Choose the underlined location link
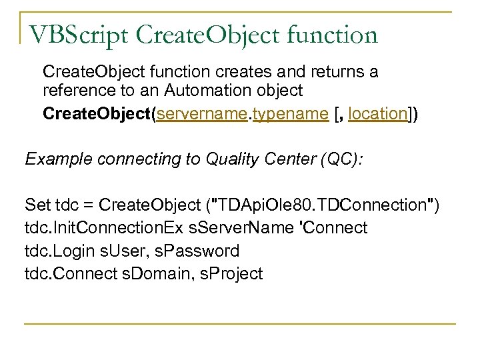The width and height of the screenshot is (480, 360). coord(377,113)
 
